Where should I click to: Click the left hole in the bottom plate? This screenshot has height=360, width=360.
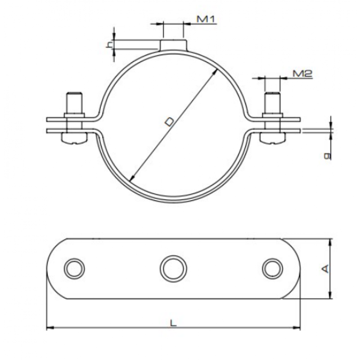click(x=74, y=268)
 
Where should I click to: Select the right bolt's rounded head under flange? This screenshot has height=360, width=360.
click(x=273, y=140)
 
